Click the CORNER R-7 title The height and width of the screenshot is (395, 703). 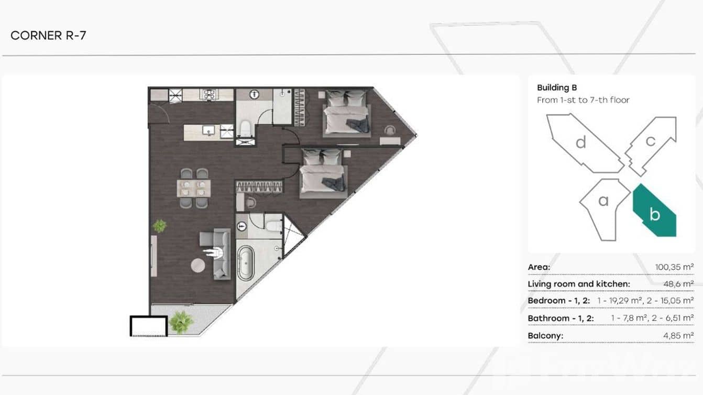click(x=48, y=36)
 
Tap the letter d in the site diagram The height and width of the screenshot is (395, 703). click(x=581, y=142)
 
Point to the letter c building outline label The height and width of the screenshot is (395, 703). click(x=651, y=141)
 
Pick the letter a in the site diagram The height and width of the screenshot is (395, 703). click(x=603, y=201)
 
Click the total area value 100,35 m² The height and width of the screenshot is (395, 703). click(x=674, y=267)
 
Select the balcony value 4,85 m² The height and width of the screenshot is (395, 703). click(x=678, y=336)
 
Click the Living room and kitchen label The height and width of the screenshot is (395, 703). click(x=579, y=284)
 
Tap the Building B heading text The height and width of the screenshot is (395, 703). click(x=557, y=87)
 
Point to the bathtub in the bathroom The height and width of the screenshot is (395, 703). click(x=246, y=263)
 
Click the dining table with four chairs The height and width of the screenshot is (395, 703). click(x=194, y=188)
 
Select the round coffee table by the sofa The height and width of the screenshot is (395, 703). click(x=198, y=266)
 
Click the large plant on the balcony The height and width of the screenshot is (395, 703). click(x=181, y=322)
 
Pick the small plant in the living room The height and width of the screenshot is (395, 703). click(x=160, y=226)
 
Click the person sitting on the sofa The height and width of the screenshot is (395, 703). click(x=215, y=253)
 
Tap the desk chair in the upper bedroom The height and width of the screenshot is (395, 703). click(x=390, y=130)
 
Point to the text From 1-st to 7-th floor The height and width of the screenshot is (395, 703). click(x=583, y=100)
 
